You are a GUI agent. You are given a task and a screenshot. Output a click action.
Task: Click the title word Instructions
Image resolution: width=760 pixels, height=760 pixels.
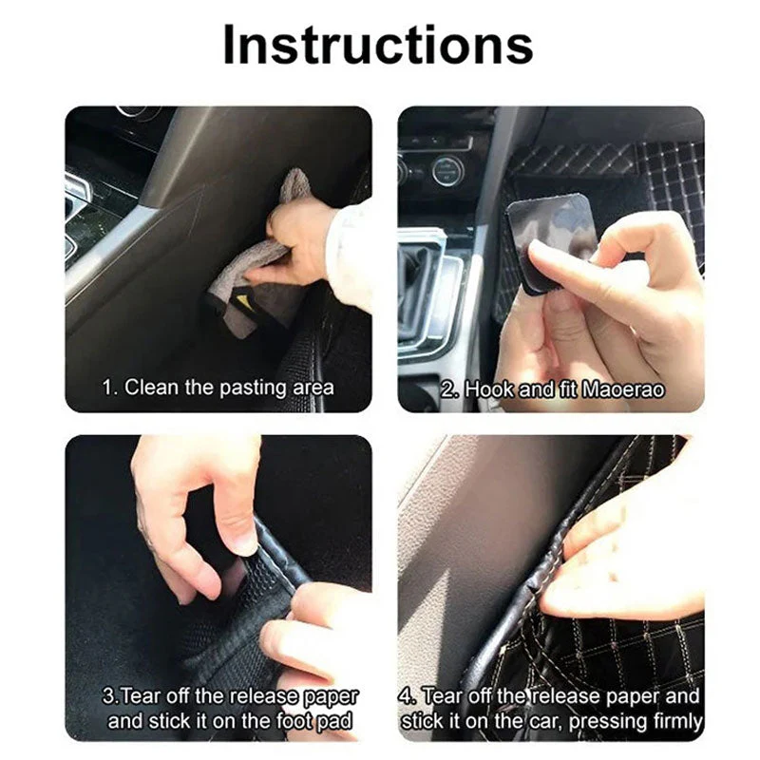pyautogui.click(x=378, y=45)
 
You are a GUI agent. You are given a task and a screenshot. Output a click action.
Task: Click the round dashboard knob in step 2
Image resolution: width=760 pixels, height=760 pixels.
pyautogui.click(x=447, y=171)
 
